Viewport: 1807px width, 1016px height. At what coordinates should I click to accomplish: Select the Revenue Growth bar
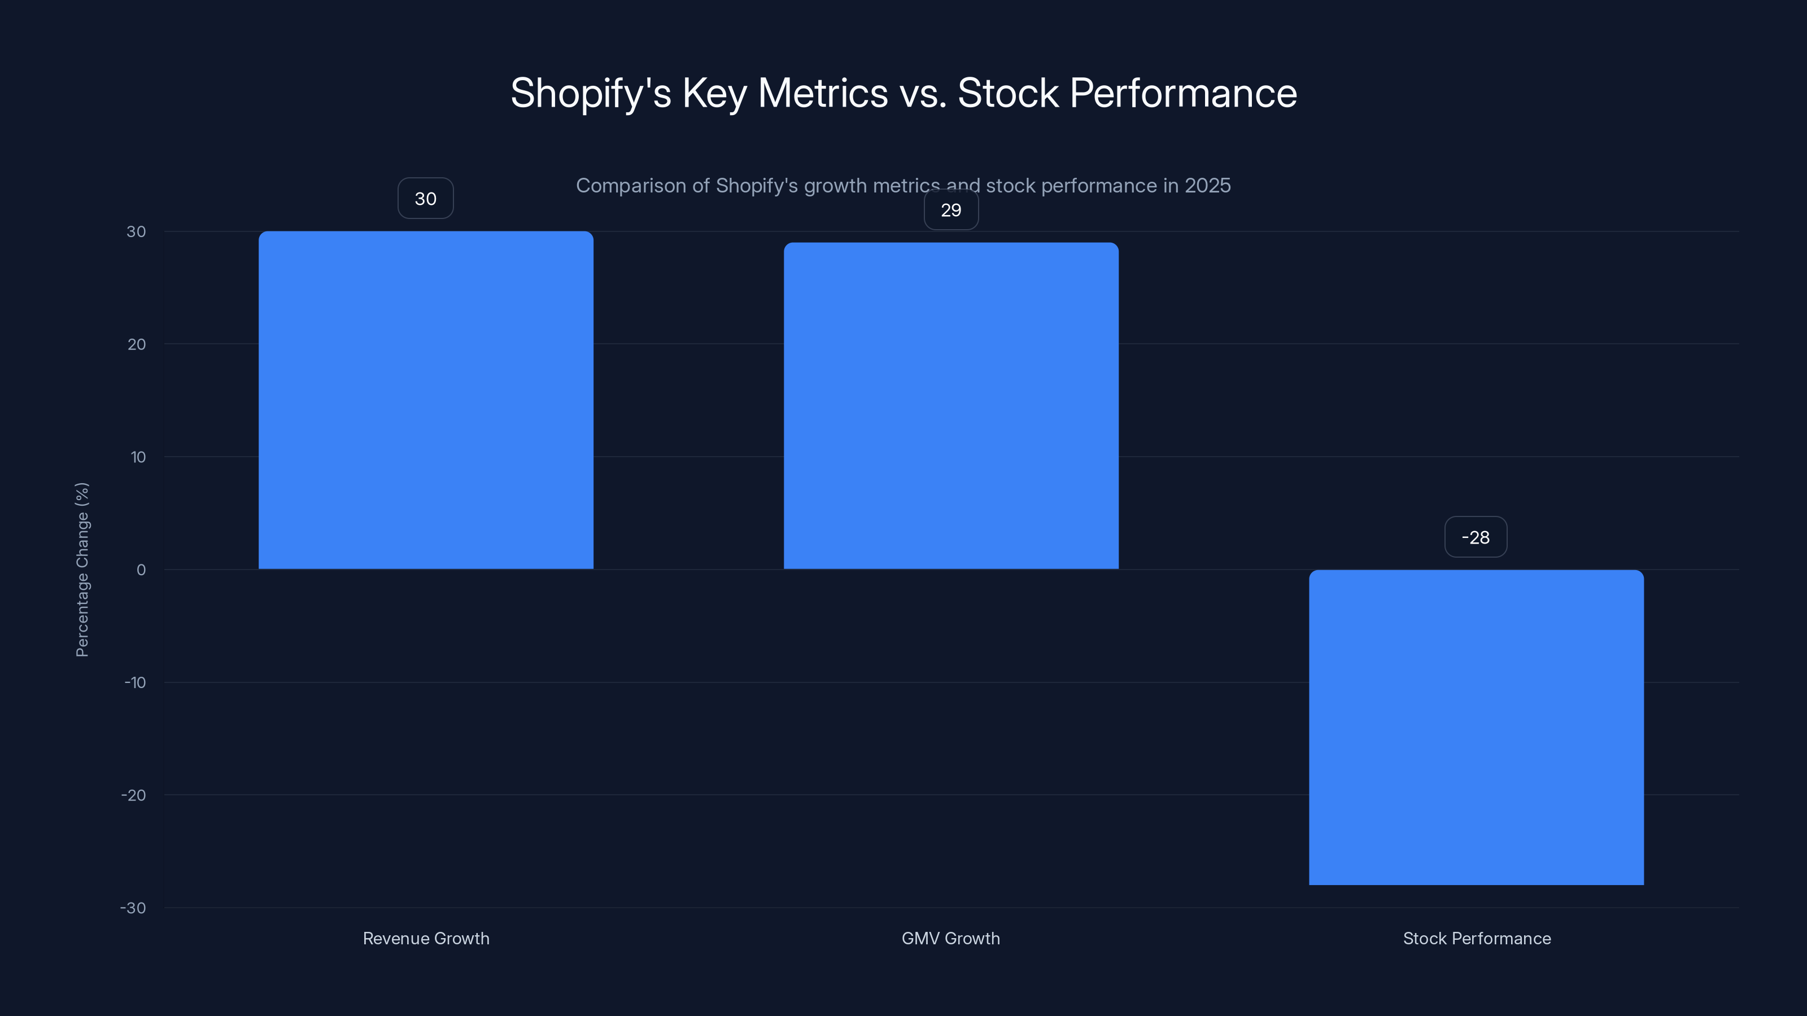click(x=426, y=400)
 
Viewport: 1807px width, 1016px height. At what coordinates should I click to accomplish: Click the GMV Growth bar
click(x=950, y=405)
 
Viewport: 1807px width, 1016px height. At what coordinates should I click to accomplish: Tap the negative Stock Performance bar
click(x=1476, y=727)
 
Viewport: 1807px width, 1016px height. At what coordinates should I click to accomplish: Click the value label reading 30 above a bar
click(x=425, y=199)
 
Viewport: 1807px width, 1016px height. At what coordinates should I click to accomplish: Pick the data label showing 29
click(x=950, y=209)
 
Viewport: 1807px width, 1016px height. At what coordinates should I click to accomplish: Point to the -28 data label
click(x=1475, y=537)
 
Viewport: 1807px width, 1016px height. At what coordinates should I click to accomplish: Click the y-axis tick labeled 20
click(x=137, y=344)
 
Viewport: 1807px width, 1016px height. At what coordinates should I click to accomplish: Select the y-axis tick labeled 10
click(x=138, y=457)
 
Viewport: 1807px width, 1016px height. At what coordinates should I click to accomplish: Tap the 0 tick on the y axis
click(x=141, y=570)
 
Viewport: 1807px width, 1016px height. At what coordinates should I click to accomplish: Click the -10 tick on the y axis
click(x=136, y=682)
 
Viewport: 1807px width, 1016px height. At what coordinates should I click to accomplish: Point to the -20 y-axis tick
click(x=133, y=795)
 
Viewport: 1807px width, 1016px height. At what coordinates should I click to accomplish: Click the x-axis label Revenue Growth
click(x=426, y=938)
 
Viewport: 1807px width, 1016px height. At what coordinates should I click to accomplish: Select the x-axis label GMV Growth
click(x=950, y=938)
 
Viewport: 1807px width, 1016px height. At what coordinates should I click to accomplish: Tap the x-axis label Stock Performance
click(x=1477, y=938)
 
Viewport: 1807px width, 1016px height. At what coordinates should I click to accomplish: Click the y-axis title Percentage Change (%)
click(x=82, y=570)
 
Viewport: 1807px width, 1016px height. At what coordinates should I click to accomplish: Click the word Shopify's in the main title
click(x=591, y=93)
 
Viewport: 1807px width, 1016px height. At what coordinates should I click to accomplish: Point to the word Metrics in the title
click(x=823, y=93)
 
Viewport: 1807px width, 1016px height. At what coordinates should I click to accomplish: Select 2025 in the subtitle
click(x=1207, y=186)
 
